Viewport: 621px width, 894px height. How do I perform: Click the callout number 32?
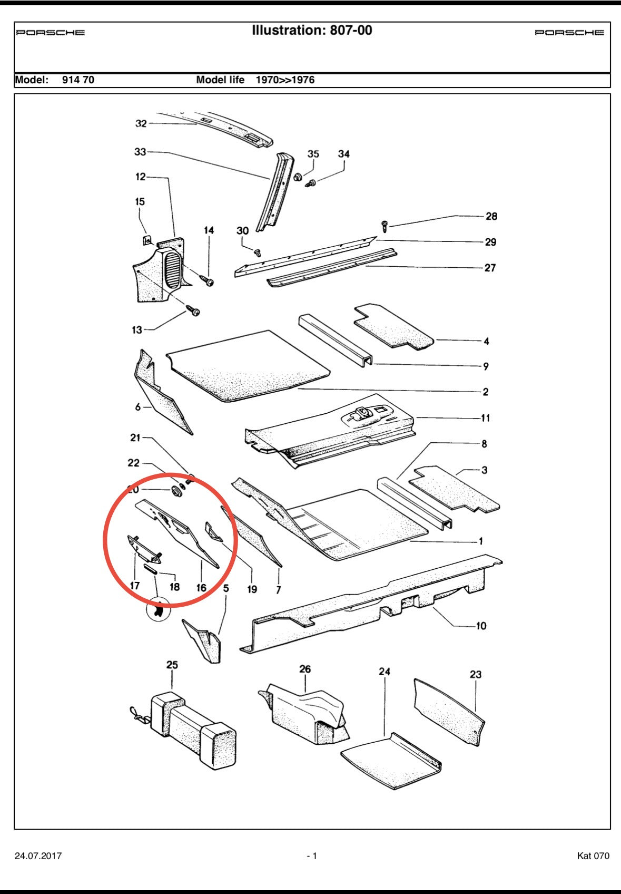141,123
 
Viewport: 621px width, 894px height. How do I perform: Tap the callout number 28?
491,216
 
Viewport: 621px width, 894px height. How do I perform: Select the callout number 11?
486,418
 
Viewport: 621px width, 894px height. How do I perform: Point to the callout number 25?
172,665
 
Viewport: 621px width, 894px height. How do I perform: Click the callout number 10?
481,626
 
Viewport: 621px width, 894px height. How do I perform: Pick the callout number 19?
252,589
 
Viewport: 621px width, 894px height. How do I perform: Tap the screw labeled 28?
385,226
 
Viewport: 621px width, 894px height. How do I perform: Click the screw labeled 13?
193,310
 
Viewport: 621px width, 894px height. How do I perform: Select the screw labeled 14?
208,280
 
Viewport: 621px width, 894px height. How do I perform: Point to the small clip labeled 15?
147,240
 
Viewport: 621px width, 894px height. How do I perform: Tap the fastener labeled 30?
258,252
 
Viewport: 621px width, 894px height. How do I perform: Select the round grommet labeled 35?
298,177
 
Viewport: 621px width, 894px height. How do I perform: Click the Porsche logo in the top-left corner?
50,32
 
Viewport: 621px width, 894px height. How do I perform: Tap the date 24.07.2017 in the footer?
38,856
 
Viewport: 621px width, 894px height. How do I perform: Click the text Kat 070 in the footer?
593,856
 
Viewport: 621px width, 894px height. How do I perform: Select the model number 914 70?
78,80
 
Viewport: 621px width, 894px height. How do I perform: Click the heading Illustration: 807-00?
312,31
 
